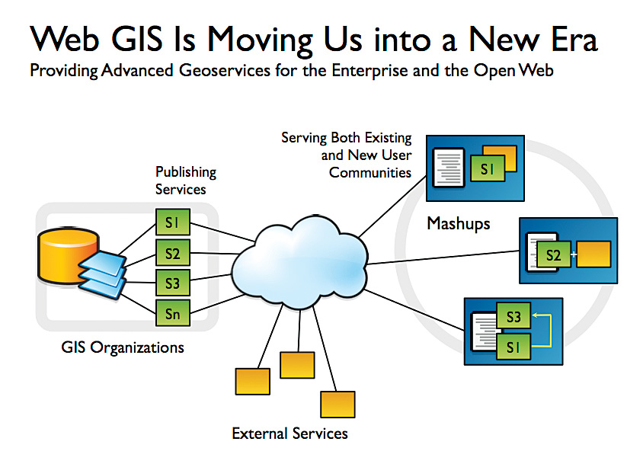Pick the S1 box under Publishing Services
point(172,223)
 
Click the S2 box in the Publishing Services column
point(172,252)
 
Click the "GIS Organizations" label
point(123,348)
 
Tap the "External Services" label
point(290,434)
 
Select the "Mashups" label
point(458,224)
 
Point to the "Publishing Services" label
point(185,181)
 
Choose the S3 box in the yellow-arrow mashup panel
point(513,316)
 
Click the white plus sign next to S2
point(573,254)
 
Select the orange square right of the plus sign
point(594,254)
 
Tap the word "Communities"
point(370,172)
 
